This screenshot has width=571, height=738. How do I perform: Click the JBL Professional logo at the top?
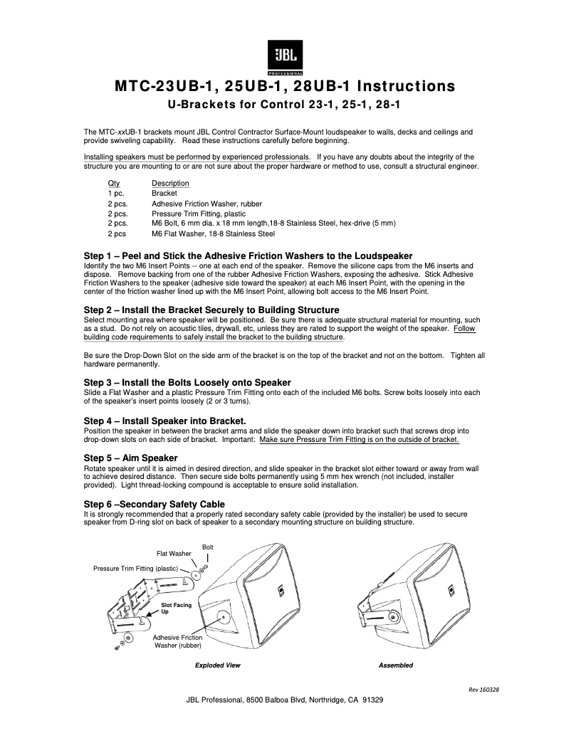click(x=285, y=58)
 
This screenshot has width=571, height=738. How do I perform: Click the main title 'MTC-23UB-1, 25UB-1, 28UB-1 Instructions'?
click(x=285, y=87)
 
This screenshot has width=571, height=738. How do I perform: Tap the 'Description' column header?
click(x=170, y=184)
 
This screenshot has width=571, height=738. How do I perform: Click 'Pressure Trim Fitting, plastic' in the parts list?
click(x=199, y=214)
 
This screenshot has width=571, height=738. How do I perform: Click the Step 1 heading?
click(x=248, y=256)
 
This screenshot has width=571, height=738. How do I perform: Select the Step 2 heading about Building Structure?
click(x=211, y=310)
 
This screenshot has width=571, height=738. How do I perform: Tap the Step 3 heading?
click(x=187, y=383)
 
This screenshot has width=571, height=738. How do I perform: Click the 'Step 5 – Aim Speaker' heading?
click(x=131, y=458)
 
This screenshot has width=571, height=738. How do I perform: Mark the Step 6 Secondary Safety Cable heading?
click(x=154, y=505)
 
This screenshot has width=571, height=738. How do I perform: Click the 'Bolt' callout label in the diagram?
click(x=208, y=547)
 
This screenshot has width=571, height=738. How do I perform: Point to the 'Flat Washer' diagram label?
click(x=174, y=553)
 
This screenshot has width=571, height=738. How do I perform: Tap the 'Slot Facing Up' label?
click(x=176, y=608)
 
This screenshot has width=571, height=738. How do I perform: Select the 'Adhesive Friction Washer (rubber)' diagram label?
click(x=178, y=642)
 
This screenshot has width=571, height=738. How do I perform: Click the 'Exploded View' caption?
click(x=218, y=665)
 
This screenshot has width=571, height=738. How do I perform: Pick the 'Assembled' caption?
click(x=396, y=665)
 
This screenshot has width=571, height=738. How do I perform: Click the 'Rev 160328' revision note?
click(x=483, y=690)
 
